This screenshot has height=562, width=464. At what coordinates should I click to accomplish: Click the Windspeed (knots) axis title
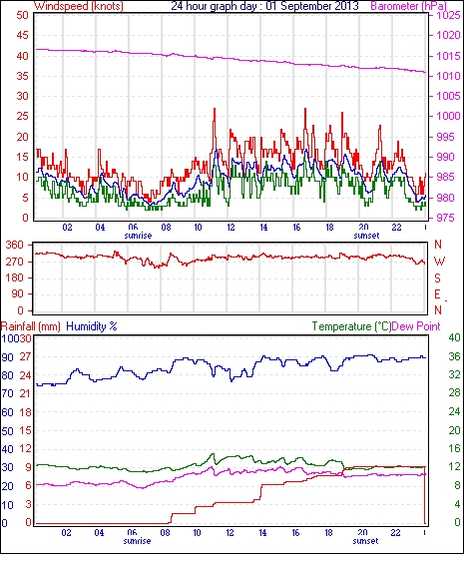pyautogui.click(x=79, y=6)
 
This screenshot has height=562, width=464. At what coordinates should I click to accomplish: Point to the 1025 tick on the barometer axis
pyautogui.click(x=448, y=16)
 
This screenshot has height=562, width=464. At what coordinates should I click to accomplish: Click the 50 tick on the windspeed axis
pyautogui.click(x=22, y=16)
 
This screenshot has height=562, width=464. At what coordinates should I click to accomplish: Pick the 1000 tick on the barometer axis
pyautogui.click(x=448, y=116)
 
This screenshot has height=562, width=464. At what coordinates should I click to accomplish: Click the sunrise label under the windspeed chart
pyautogui.click(x=138, y=236)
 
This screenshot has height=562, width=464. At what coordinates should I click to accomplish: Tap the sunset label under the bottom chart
pyautogui.click(x=365, y=541)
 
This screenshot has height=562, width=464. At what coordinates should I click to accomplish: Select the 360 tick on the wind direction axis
pyautogui.click(x=15, y=246)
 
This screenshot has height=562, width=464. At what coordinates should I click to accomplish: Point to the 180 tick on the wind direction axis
pyautogui.click(x=15, y=279)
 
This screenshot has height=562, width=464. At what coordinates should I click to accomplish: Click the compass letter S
pyautogui.click(x=437, y=279)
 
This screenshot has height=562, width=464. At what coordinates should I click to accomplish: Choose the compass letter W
pyautogui.click(x=439, y=262)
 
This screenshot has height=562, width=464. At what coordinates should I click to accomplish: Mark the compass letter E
pyautogui.click(x=437, y=294)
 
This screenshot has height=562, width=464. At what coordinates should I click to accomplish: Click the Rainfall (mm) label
pyautogui.click(x=31, y=326)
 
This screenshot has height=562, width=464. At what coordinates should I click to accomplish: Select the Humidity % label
pyautogui.click(x=92, y=326)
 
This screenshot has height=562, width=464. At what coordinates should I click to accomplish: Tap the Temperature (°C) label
pyautogui.click(x=351, y=326)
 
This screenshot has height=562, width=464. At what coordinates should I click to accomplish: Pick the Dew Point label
pyautogui.click(x=416, y=326)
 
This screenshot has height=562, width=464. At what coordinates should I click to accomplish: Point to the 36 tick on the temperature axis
pyautogui.click(x=454, y=356)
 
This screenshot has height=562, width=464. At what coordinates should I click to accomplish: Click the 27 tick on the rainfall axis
pyautogui.click(x=25, y=357)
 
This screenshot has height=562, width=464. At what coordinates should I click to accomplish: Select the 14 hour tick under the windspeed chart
pyautogui.click(x=263, y=228)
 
